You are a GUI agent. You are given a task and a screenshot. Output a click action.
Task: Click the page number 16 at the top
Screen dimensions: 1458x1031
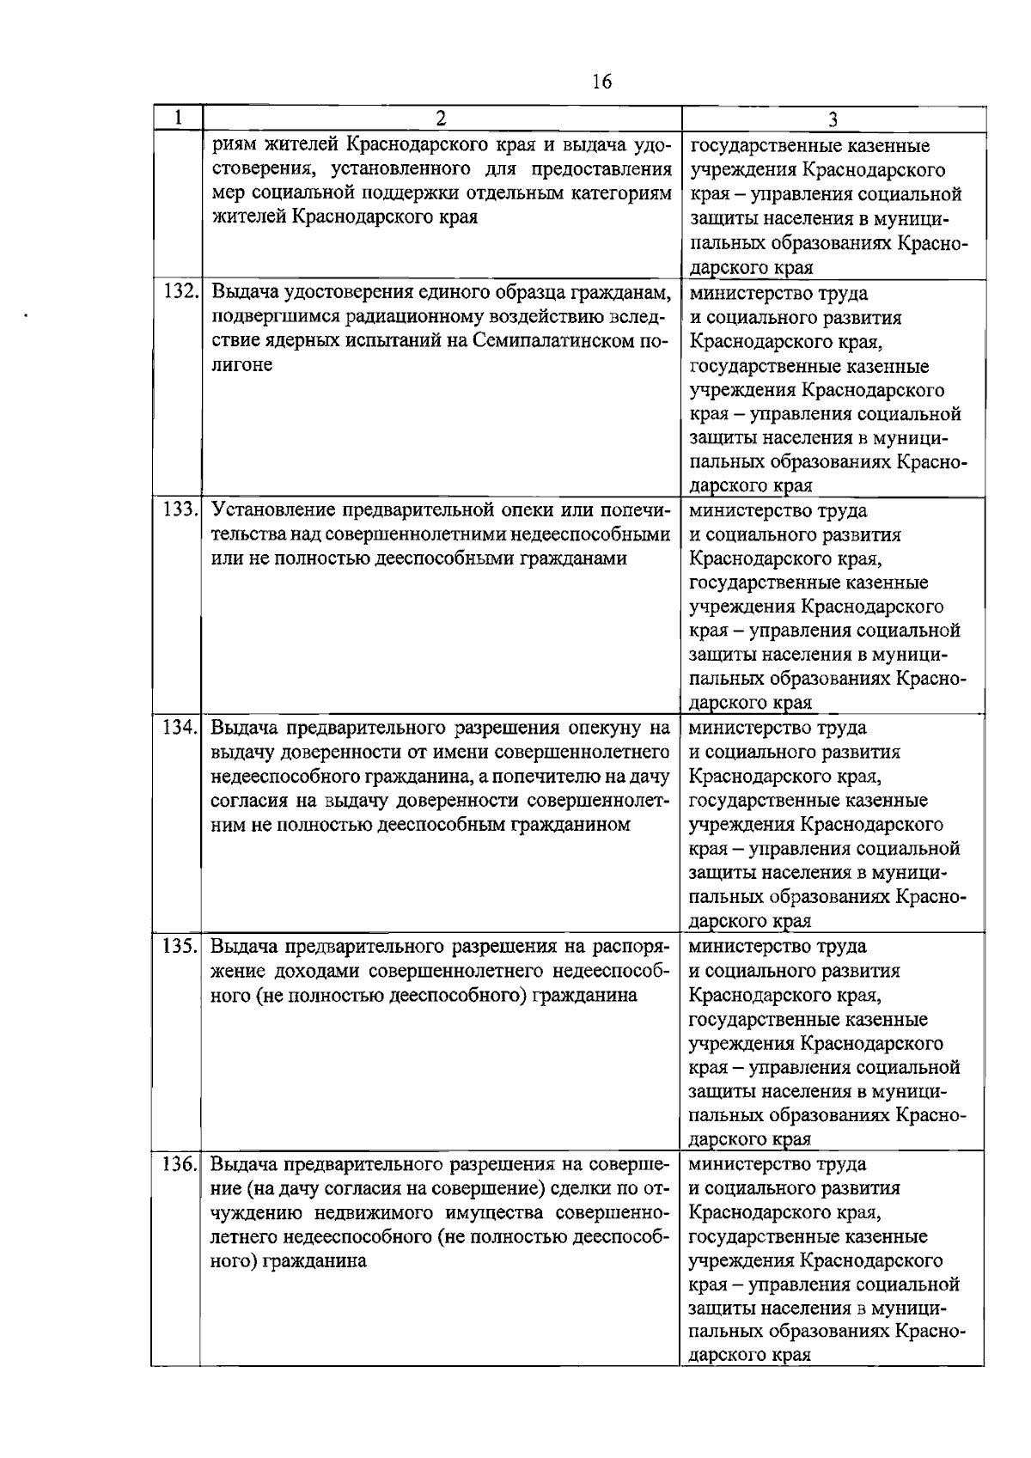pyautogui.click(x=601, y=82)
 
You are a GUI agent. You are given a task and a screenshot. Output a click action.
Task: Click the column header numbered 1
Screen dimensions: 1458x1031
pyautogui.click(x=178, y=118)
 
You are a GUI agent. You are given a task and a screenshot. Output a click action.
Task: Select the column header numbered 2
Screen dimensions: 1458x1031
pyautogui.click(x=440, y=119)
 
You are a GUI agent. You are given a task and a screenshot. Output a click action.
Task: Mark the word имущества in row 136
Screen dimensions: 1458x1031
pyautogui.click(x=488, y=1213)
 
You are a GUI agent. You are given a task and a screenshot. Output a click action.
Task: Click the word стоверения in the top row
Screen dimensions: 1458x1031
pyautogui.click(x=261, y=169)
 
